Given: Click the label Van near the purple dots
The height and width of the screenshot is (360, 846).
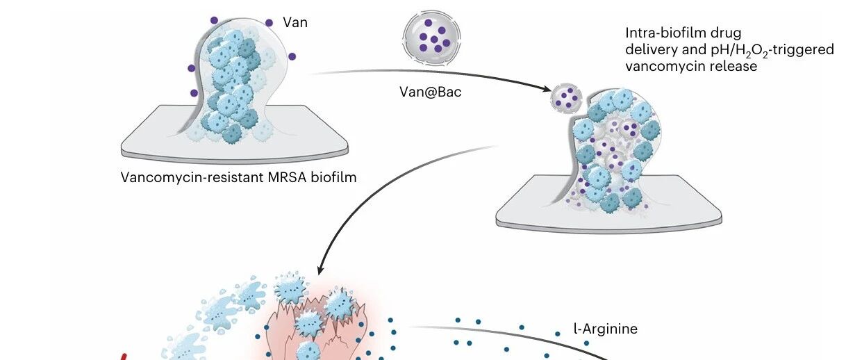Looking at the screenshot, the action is coord(295,23).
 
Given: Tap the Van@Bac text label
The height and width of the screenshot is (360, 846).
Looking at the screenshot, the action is coord(431,92).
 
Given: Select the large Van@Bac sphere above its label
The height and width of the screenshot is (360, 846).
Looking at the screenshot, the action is coord(432,38).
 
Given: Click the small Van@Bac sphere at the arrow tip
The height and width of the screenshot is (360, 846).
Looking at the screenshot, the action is coord(566,98).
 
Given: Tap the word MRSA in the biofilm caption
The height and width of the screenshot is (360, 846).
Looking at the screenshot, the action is coord(287,177).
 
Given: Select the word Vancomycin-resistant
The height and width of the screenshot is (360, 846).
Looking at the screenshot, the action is coord(192,177).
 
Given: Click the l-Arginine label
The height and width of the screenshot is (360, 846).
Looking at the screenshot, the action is coord(606,329).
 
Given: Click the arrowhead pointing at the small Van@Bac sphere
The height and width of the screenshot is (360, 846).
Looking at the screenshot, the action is coord(547,89).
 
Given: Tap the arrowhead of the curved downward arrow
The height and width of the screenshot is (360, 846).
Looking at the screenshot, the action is coord(321,270).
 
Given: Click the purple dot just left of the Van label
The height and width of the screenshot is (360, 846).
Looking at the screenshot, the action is coord(269,23).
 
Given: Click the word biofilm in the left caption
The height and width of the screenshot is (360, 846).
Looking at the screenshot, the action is coord(333,177).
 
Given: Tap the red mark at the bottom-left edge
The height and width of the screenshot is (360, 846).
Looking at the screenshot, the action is coord(124,357).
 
